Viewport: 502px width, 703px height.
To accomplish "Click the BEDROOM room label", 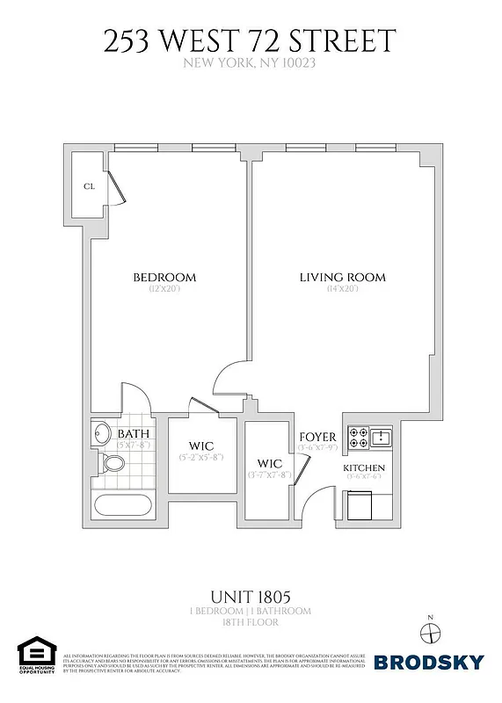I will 164,278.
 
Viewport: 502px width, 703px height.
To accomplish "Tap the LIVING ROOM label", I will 342,278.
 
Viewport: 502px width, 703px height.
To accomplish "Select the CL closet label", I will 89,186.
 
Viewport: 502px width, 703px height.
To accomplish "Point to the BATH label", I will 133,433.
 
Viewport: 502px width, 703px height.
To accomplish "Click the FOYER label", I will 317,437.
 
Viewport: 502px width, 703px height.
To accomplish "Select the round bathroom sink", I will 100,434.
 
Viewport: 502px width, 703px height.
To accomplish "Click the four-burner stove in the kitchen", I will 358,437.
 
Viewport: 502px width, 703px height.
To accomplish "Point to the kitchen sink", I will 383,437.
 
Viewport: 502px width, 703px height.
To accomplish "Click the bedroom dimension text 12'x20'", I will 164,289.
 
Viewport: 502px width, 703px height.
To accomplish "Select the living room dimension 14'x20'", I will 342,289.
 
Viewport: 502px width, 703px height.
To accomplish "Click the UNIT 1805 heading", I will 251,596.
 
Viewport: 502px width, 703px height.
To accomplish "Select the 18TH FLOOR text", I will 251,622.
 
